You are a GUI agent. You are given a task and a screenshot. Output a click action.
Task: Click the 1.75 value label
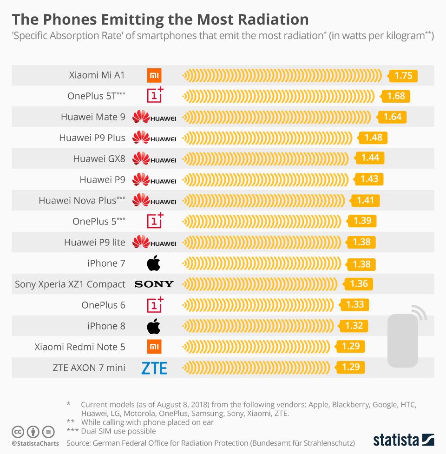tap(403, 76)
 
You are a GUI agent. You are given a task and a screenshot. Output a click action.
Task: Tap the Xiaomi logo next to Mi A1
tap(154, 75)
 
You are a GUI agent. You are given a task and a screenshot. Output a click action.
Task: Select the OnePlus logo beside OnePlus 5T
tap(155, 95)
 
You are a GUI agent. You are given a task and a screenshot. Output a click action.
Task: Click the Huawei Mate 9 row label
tap(93, 117)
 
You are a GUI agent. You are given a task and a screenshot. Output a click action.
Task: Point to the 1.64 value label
tap(393, 117)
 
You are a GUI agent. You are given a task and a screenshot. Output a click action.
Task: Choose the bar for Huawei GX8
tap(267, 158)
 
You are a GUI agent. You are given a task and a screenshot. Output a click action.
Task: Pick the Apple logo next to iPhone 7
tap(154, 264)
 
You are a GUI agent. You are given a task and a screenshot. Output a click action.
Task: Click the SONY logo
tap(154, 284)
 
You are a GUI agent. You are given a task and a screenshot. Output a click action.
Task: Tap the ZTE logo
tap(154, 368)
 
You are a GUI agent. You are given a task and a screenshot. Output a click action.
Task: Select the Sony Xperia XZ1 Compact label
tap(70, 284)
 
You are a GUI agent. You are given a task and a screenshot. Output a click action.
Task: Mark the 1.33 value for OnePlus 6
tap(355, 305)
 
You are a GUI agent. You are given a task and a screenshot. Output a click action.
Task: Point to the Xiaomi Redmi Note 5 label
tap(80, 347)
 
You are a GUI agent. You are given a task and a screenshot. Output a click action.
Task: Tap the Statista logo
tap(403, 440)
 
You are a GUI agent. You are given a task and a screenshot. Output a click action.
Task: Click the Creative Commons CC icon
tap(18, 432)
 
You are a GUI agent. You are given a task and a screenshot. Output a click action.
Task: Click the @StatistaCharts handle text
tap(35, 444)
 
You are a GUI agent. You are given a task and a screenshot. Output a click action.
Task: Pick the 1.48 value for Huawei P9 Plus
tap(373, 138)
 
